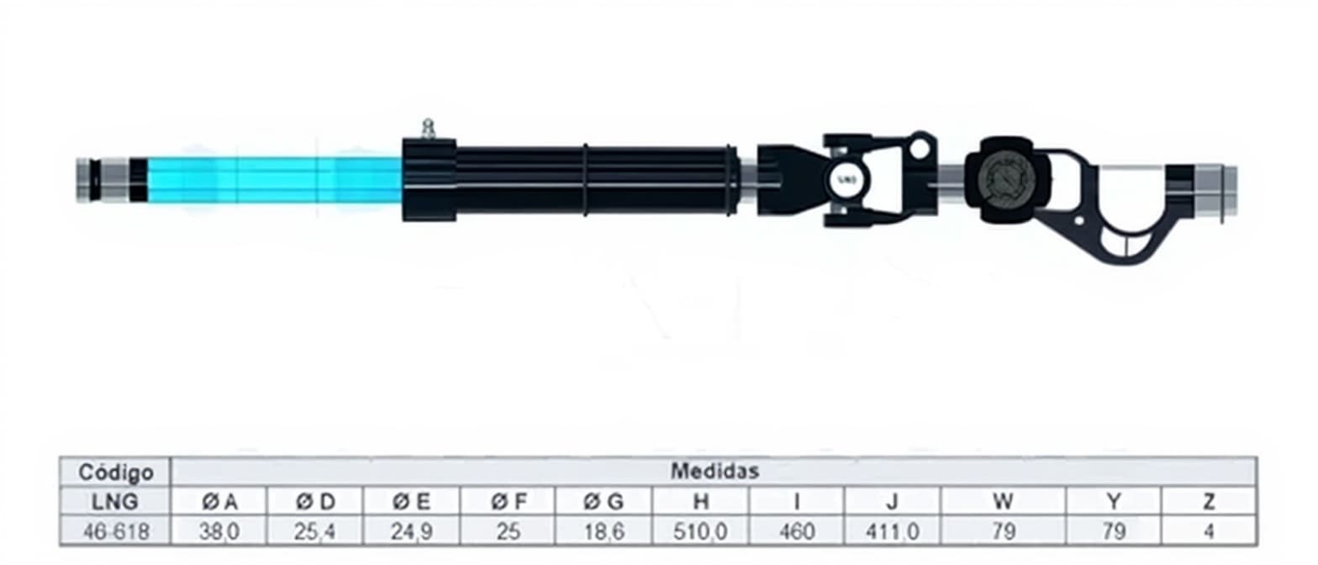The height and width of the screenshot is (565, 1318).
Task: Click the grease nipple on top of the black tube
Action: tap(430, 129)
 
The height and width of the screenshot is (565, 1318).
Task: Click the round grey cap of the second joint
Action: tap(1007, 180)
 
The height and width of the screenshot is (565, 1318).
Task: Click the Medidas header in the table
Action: tap(714, 471)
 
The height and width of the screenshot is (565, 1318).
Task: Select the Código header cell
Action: tap(116, 472)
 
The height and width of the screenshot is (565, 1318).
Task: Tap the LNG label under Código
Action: tap(115, 501)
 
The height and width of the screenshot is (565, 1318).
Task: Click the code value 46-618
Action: tap(116, 531)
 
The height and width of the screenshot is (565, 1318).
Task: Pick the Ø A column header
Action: tap(219, 501)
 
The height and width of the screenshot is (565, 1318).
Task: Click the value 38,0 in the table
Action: tap(219, 531)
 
